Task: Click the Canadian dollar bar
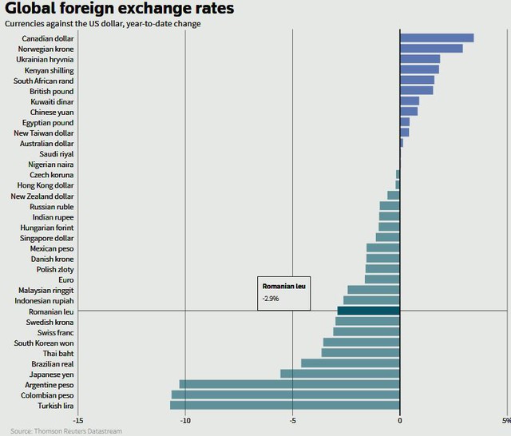pos(437,38)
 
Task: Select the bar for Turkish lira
pos(285,405)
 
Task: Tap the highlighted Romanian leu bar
pos(368,311)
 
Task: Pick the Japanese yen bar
pos(340,374)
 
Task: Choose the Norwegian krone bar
pos(431,49)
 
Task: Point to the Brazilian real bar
pos(351,363)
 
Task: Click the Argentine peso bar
pos(290,384)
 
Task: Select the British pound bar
pos(417,91)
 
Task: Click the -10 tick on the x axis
pos(185,421)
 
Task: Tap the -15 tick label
pos(77,421)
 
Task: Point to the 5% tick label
pos(505,421)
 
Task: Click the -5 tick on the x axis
pos(293,421)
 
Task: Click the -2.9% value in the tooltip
pos(271,299)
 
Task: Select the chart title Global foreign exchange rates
pos(120,10)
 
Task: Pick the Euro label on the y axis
pos(65,279)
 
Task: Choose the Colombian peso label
pos(48,394)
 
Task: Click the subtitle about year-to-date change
pos(102,24)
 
